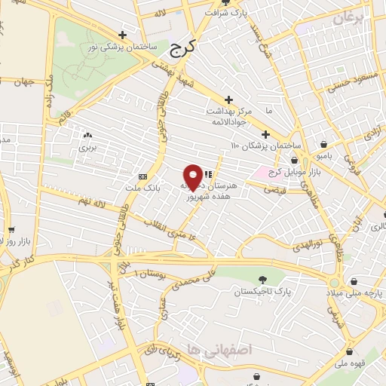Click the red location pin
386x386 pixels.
click(194, 176)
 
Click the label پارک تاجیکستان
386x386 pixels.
click(262, 292)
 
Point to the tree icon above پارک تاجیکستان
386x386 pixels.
click(262, 280)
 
